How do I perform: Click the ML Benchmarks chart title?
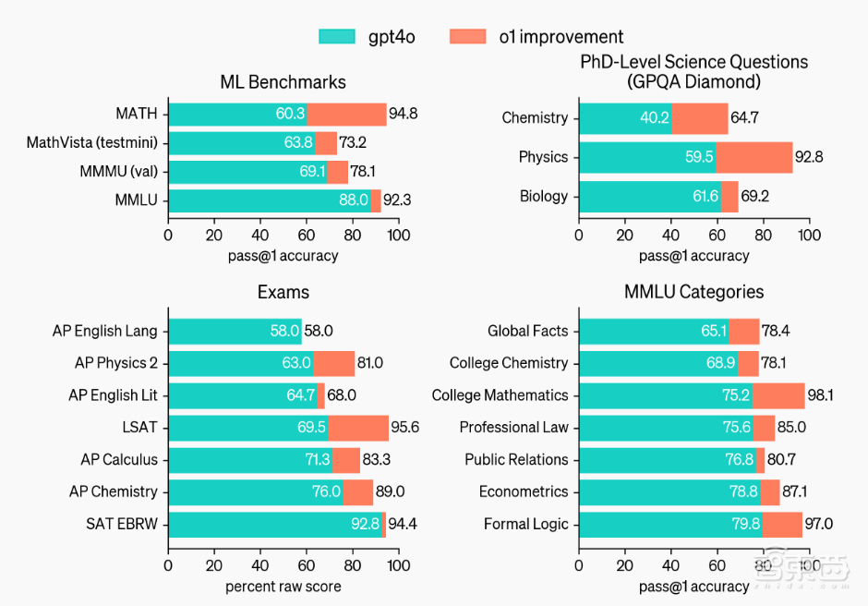point(283,82)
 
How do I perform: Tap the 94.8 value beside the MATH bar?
point(403,115)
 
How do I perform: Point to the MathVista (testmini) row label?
point(91,142)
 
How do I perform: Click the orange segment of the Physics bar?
point(753,157)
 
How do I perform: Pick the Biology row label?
point(544,196)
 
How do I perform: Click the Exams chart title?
point(283,292)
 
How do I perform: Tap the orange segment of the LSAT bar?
point(358,428)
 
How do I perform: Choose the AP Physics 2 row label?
point(115,363)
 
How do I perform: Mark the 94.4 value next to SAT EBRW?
point(403,525)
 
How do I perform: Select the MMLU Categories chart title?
point(693,292)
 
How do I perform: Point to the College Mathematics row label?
point(500,395)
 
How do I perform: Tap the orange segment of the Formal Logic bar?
point(782,525)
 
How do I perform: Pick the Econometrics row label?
point(523,492)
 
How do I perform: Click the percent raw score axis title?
point(283,587)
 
